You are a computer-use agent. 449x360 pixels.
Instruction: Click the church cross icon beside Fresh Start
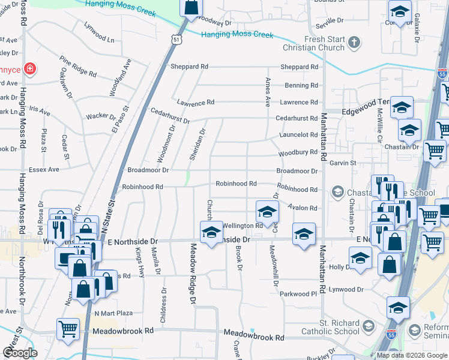(x=354, y=42)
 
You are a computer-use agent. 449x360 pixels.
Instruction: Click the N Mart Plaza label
(x=113, y=313)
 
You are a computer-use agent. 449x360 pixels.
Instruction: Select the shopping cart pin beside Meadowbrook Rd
(x=68, y=328)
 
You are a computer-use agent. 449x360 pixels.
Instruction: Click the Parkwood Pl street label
(x=297, y=294)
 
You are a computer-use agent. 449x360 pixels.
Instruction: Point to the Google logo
(x=20, y=353)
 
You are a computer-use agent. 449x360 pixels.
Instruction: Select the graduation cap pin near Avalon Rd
(x=267, y=211)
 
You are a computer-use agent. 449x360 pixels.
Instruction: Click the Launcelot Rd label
(x=297, y=136)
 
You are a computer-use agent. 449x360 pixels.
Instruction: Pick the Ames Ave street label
(x=268, y=92)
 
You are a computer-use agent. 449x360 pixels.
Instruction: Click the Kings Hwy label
(x=140, y=262)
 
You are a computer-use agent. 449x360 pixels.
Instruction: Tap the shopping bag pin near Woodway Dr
(x=190, y=8)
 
